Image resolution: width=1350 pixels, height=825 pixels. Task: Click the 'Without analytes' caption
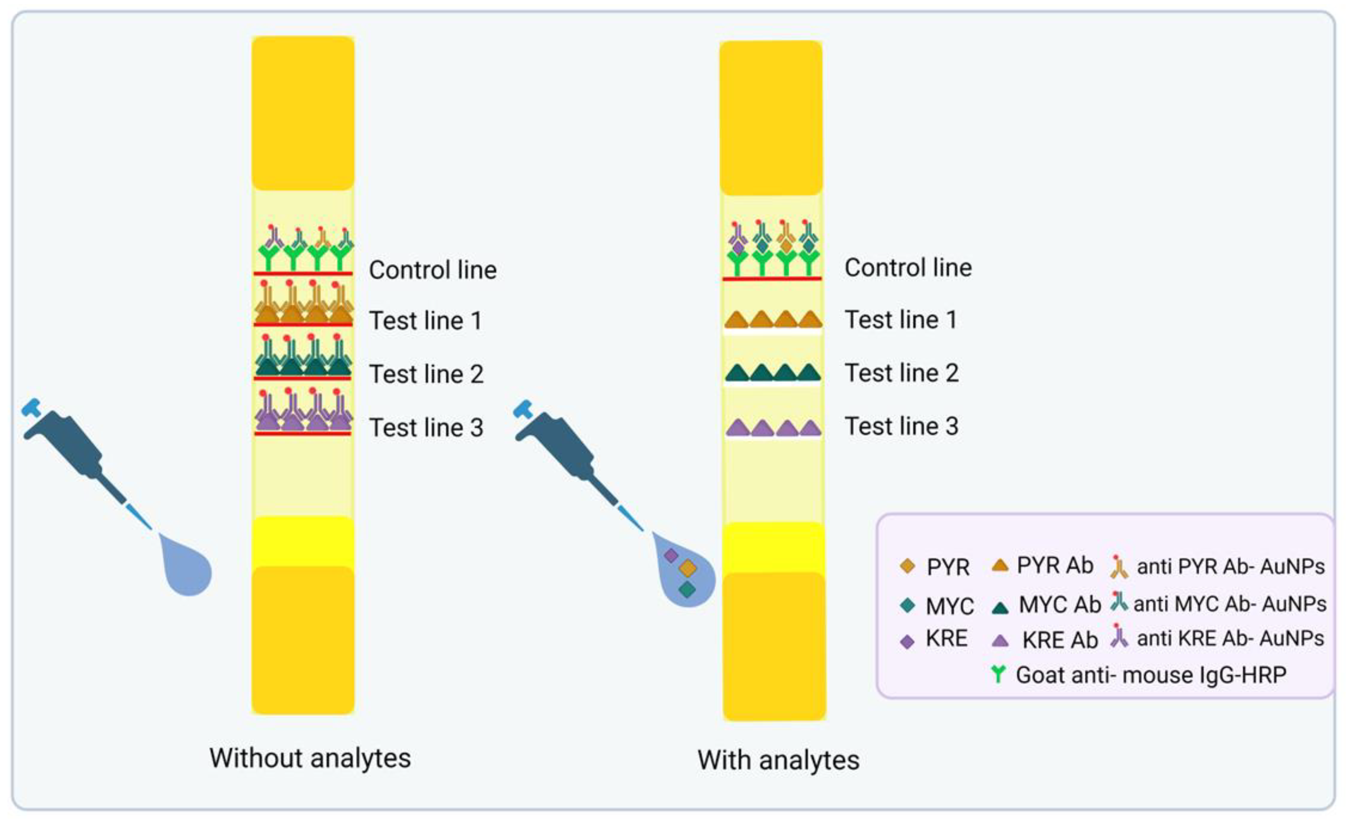[310, 759]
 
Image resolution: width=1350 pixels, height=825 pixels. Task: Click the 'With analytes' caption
[778, 760]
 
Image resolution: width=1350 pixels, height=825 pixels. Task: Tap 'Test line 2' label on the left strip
[426, 374]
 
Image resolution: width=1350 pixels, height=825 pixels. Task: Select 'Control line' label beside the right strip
[908, 268]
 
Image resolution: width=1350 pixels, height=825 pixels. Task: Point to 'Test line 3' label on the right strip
[901, 426]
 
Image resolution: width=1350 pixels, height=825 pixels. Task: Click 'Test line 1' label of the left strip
[426, 320]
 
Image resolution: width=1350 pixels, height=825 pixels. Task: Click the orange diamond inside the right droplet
[688, 569]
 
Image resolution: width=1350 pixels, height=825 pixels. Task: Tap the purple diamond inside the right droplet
[671, 556]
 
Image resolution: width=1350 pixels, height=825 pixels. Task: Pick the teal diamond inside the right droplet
[687, 590]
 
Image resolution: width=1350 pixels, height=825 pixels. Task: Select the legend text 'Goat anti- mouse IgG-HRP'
[1151, 675]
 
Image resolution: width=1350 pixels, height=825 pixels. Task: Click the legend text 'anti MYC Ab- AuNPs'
[1229, 604]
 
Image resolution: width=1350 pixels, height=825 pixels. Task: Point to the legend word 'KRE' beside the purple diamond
[946, 639]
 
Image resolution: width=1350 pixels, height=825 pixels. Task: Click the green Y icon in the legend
[998, 674]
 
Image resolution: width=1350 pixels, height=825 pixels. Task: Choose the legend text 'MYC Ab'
[1060, 605]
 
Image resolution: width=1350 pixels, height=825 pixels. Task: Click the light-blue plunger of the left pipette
[31, 408]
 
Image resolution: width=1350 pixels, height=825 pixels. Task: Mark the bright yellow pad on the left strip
[303, 541]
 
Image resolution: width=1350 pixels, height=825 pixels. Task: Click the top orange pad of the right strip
[771, 117]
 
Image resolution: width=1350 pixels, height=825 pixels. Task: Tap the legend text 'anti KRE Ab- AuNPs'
[1230, 638]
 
